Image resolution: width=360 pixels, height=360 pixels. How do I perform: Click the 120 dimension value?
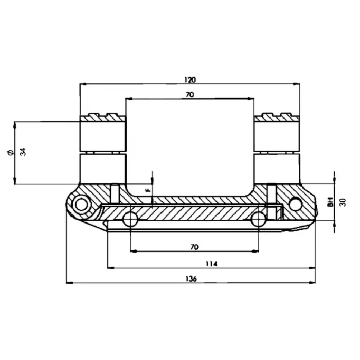(x=190, y=80)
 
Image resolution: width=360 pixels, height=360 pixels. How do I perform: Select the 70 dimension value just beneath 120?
(x=190, y=95)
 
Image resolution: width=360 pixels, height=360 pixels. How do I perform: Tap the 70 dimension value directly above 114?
(x=194, y=247)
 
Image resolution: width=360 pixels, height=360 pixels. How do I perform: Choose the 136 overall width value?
(x=190, y=278)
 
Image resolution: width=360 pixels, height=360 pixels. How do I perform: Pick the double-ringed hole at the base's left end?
(x=81, y=205)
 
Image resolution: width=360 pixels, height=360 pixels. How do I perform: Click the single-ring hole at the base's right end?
(x=295, y=204)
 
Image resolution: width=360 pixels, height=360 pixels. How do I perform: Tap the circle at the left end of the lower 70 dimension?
(x=131, y=220)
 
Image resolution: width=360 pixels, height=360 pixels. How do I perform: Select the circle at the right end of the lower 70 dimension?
(x=258, y=220)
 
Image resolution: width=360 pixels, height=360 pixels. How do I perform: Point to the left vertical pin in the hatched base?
(x=115, y=193)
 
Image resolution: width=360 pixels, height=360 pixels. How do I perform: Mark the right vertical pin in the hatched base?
(x=272, y=193)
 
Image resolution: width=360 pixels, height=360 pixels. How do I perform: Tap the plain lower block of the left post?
(x=102, y=168)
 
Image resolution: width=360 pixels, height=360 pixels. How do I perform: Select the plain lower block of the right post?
(x=277, y=168)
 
